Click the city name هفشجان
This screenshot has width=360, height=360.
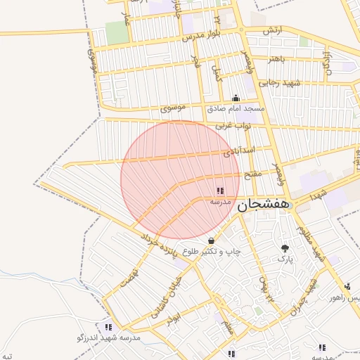[262, 205]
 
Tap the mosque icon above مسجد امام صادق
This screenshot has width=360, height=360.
[236, 98]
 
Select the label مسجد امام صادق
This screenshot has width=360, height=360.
[236, 109]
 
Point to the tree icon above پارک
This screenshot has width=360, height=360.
[284, 248]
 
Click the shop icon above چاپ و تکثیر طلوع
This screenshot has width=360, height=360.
[211, 241]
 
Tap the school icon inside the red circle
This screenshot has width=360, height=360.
[220, 191]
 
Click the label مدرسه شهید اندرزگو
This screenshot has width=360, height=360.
[109, 337]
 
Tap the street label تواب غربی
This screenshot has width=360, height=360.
[232, 126]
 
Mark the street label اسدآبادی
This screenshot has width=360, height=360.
[238, 151]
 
